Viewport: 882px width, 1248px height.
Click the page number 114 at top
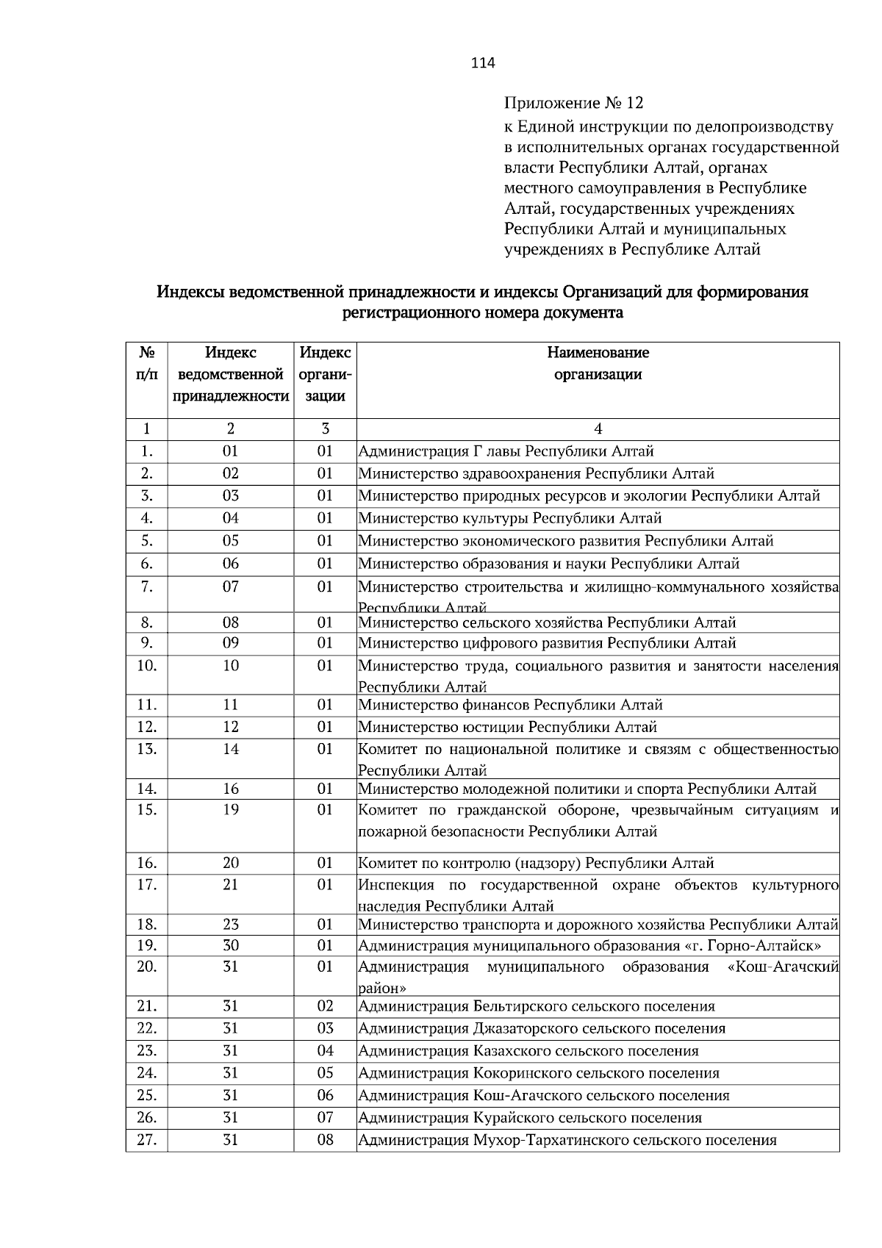483,63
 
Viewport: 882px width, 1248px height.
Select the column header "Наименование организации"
598,363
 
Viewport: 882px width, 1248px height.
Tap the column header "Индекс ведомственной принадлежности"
230,375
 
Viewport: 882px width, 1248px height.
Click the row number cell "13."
146,749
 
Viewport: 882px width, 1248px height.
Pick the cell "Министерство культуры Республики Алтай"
510,518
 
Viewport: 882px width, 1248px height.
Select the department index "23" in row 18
230,924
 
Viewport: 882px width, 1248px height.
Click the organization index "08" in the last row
325,1140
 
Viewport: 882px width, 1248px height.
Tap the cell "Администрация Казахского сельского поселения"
528,1050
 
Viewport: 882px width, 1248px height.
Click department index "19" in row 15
230,809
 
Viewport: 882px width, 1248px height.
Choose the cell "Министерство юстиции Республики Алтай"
507,727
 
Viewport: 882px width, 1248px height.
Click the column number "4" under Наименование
598,429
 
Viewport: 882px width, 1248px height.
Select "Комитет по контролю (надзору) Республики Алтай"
536,863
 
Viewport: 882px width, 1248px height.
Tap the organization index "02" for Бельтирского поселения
325,1005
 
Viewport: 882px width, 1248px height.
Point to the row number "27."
146,1140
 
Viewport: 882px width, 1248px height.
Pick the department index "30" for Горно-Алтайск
230,945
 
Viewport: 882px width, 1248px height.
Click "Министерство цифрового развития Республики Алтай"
547,643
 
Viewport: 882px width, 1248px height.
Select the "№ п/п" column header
146,363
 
